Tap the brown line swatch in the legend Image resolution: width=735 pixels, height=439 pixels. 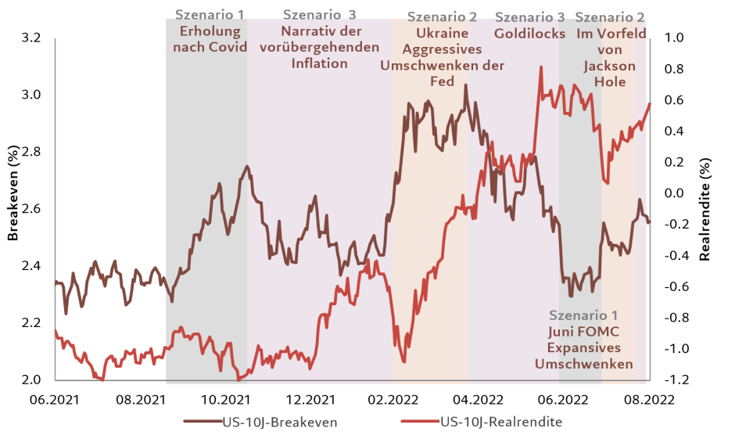tap(202, 423)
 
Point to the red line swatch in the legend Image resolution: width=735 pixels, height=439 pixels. tap(419, 423)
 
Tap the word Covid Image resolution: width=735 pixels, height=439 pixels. tap(229, 47)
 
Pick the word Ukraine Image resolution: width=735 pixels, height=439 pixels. tap(442, 34)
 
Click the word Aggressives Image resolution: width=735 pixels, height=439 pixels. tap(442, 49)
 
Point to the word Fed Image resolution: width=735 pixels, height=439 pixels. tap(442, 81)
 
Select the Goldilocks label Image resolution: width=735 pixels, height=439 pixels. tap(529, 34)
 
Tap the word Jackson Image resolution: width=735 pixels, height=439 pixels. tap(609, 66)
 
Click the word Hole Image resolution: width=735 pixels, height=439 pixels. tap(609, 81)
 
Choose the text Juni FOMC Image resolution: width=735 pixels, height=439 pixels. tap(583, 333)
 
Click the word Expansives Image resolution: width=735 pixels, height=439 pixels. tap(583, 348)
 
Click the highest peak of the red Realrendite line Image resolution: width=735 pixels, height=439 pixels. tap(540, 68)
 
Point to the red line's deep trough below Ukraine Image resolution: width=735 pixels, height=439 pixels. tap(403, 361)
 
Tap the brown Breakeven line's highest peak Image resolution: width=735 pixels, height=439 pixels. tap(465, 85)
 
